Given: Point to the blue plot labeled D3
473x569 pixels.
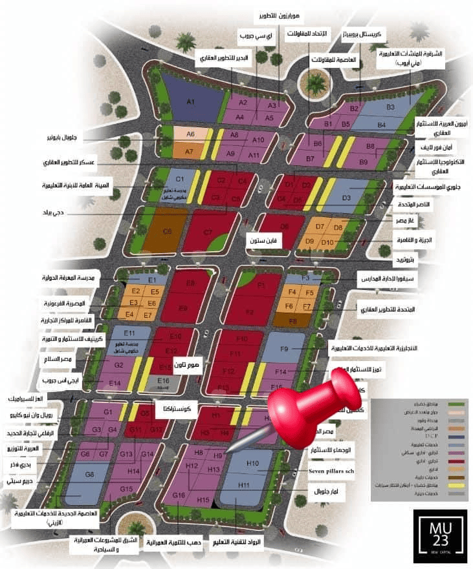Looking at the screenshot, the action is [x=346, y=198].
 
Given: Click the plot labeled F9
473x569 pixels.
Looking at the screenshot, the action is [x=283, y=349].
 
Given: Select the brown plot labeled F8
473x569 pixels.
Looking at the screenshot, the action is [x=292, y=320].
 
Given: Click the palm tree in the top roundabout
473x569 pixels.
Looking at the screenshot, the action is [x=316, y=83].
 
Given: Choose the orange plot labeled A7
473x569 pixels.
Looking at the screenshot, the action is [x=189, y=151].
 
